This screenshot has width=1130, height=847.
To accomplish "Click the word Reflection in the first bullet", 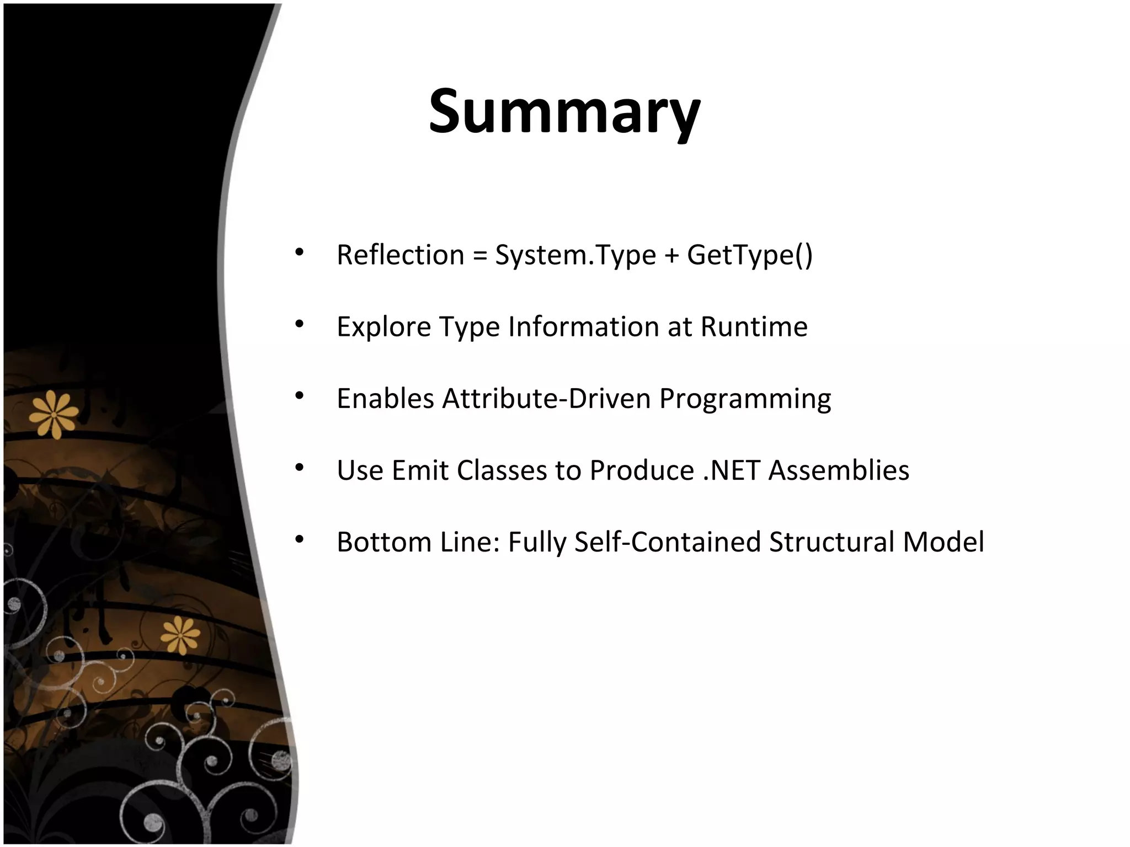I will click(401, 255).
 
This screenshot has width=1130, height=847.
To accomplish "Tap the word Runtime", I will click(754, 327).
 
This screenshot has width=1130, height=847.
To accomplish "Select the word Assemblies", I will click(838, 470).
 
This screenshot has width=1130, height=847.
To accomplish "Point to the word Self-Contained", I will click(667, 542).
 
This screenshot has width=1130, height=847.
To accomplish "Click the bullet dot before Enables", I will click(299, 396).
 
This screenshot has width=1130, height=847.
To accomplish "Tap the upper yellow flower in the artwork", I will click(54, 414).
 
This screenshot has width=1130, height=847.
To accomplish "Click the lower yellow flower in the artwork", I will click(180, 634).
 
